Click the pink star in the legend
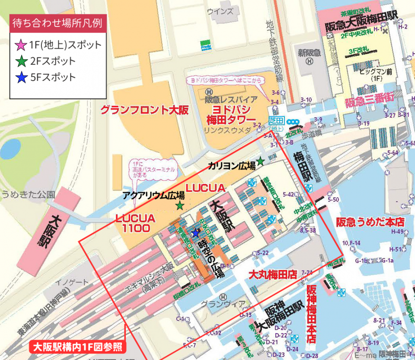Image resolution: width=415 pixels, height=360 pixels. [19, 45]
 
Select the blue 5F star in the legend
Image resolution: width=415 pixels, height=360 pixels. [19, 77]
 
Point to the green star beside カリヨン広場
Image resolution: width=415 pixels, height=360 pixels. [261, 161]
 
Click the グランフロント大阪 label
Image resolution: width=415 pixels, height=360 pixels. [144, 110]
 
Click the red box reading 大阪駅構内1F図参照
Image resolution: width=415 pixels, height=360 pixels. [78, 347]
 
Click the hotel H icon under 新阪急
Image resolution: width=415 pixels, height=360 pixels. [309, 62]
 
